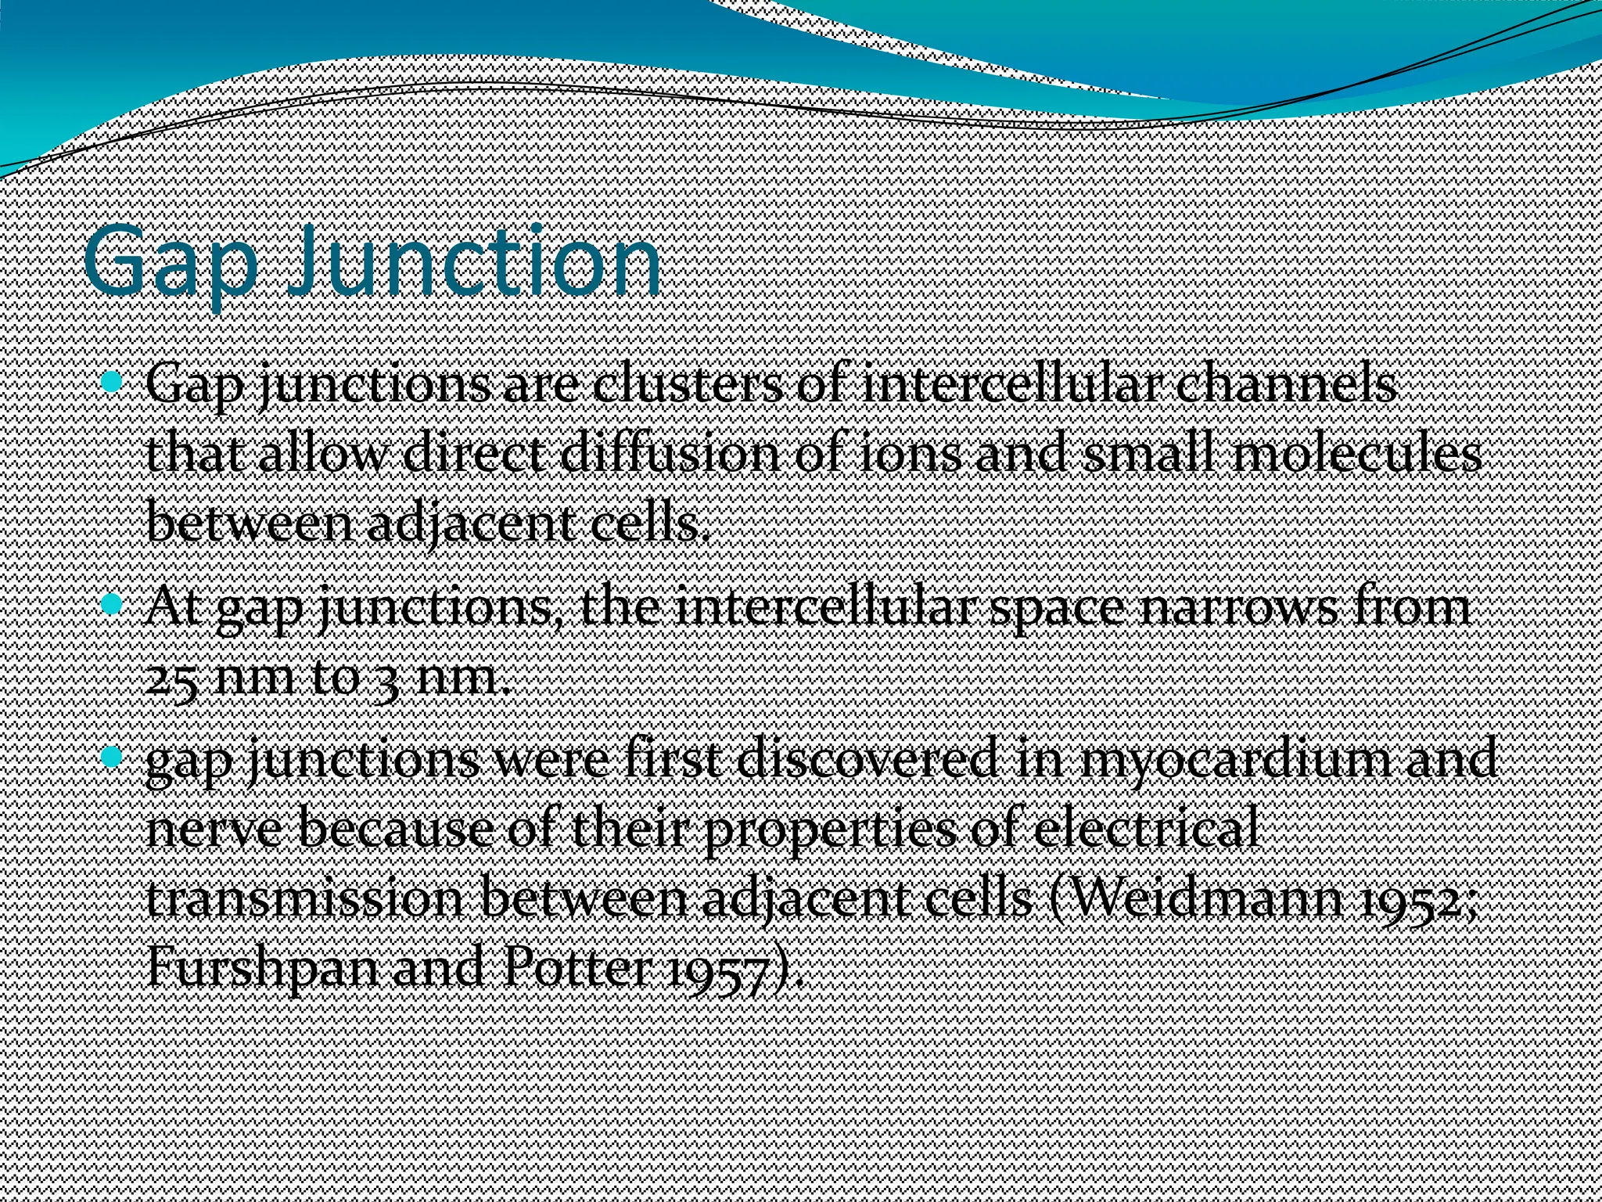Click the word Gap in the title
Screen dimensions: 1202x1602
(170, 264)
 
